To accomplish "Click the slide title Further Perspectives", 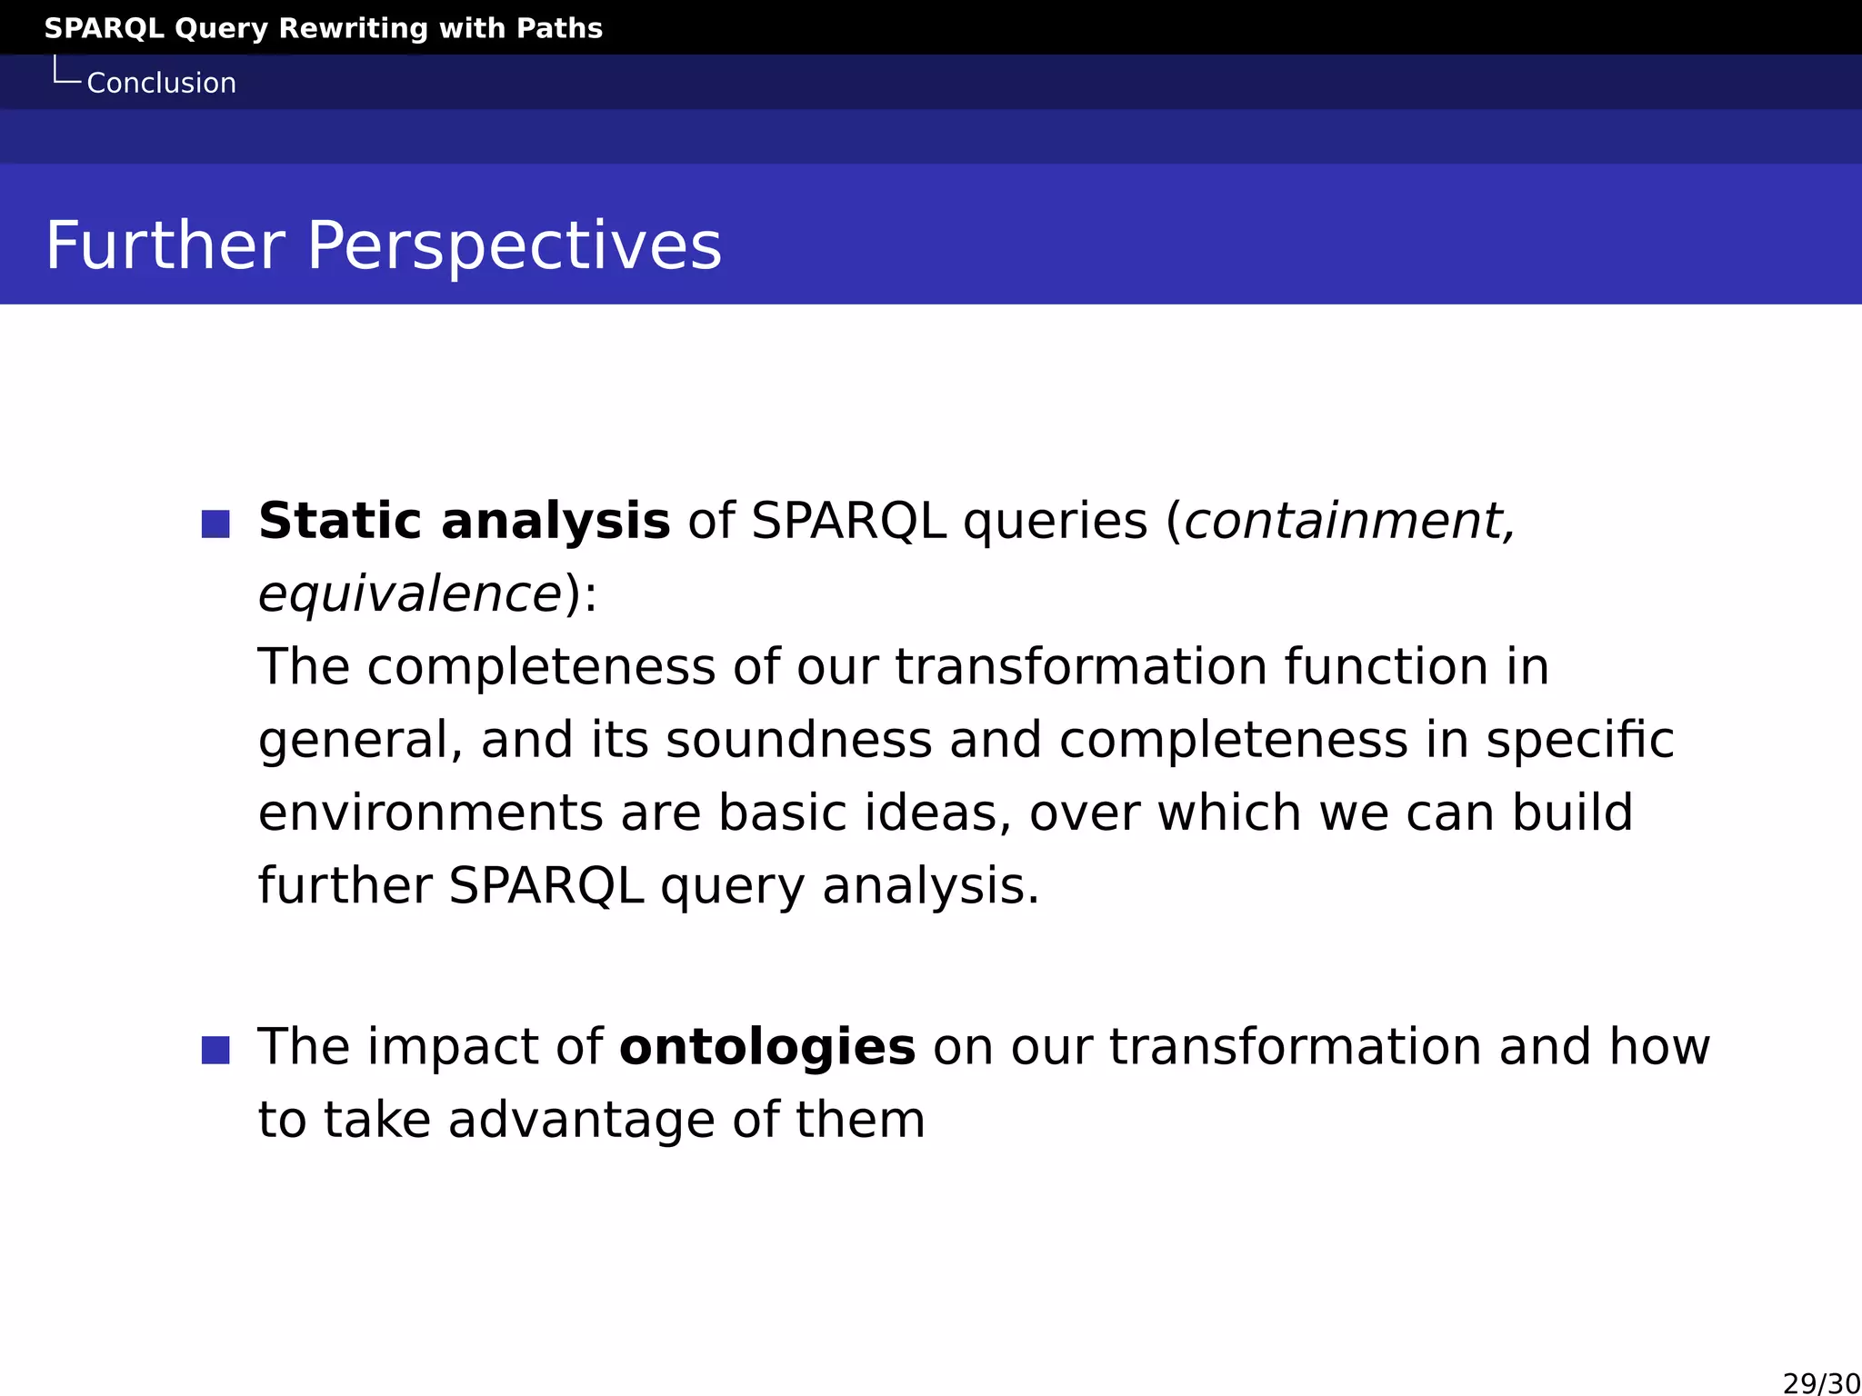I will pyautogui.click(x=383, y=245).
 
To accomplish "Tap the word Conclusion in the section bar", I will pyautogui.click(x=161, y=84).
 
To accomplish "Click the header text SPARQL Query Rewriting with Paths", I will pyautogui.click(x=323, y=28).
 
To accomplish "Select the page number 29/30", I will pyautogui.click(x=1821, y=1383).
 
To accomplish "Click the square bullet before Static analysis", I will pyautogui.click(x=215, y=523).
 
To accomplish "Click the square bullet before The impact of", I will pyautogui.click(x=215, y=1050).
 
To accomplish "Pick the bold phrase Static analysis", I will pyautogui.click(x=464, y=522).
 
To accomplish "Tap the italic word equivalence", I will pyautogui.click(x=410, y=595).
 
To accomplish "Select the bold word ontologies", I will pyautogui.click(x=766, y=1047).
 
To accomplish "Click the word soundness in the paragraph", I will pyautogui.click(x=798, y=740).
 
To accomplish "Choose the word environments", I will pyautogui.click(x=430, y=813).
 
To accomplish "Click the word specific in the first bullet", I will pyautogui.click(x=1579, y=740).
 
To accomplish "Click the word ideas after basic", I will pyautogui.click(x=936, y=813).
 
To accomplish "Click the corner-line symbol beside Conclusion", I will pyautogui.click(x=66, y=72).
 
